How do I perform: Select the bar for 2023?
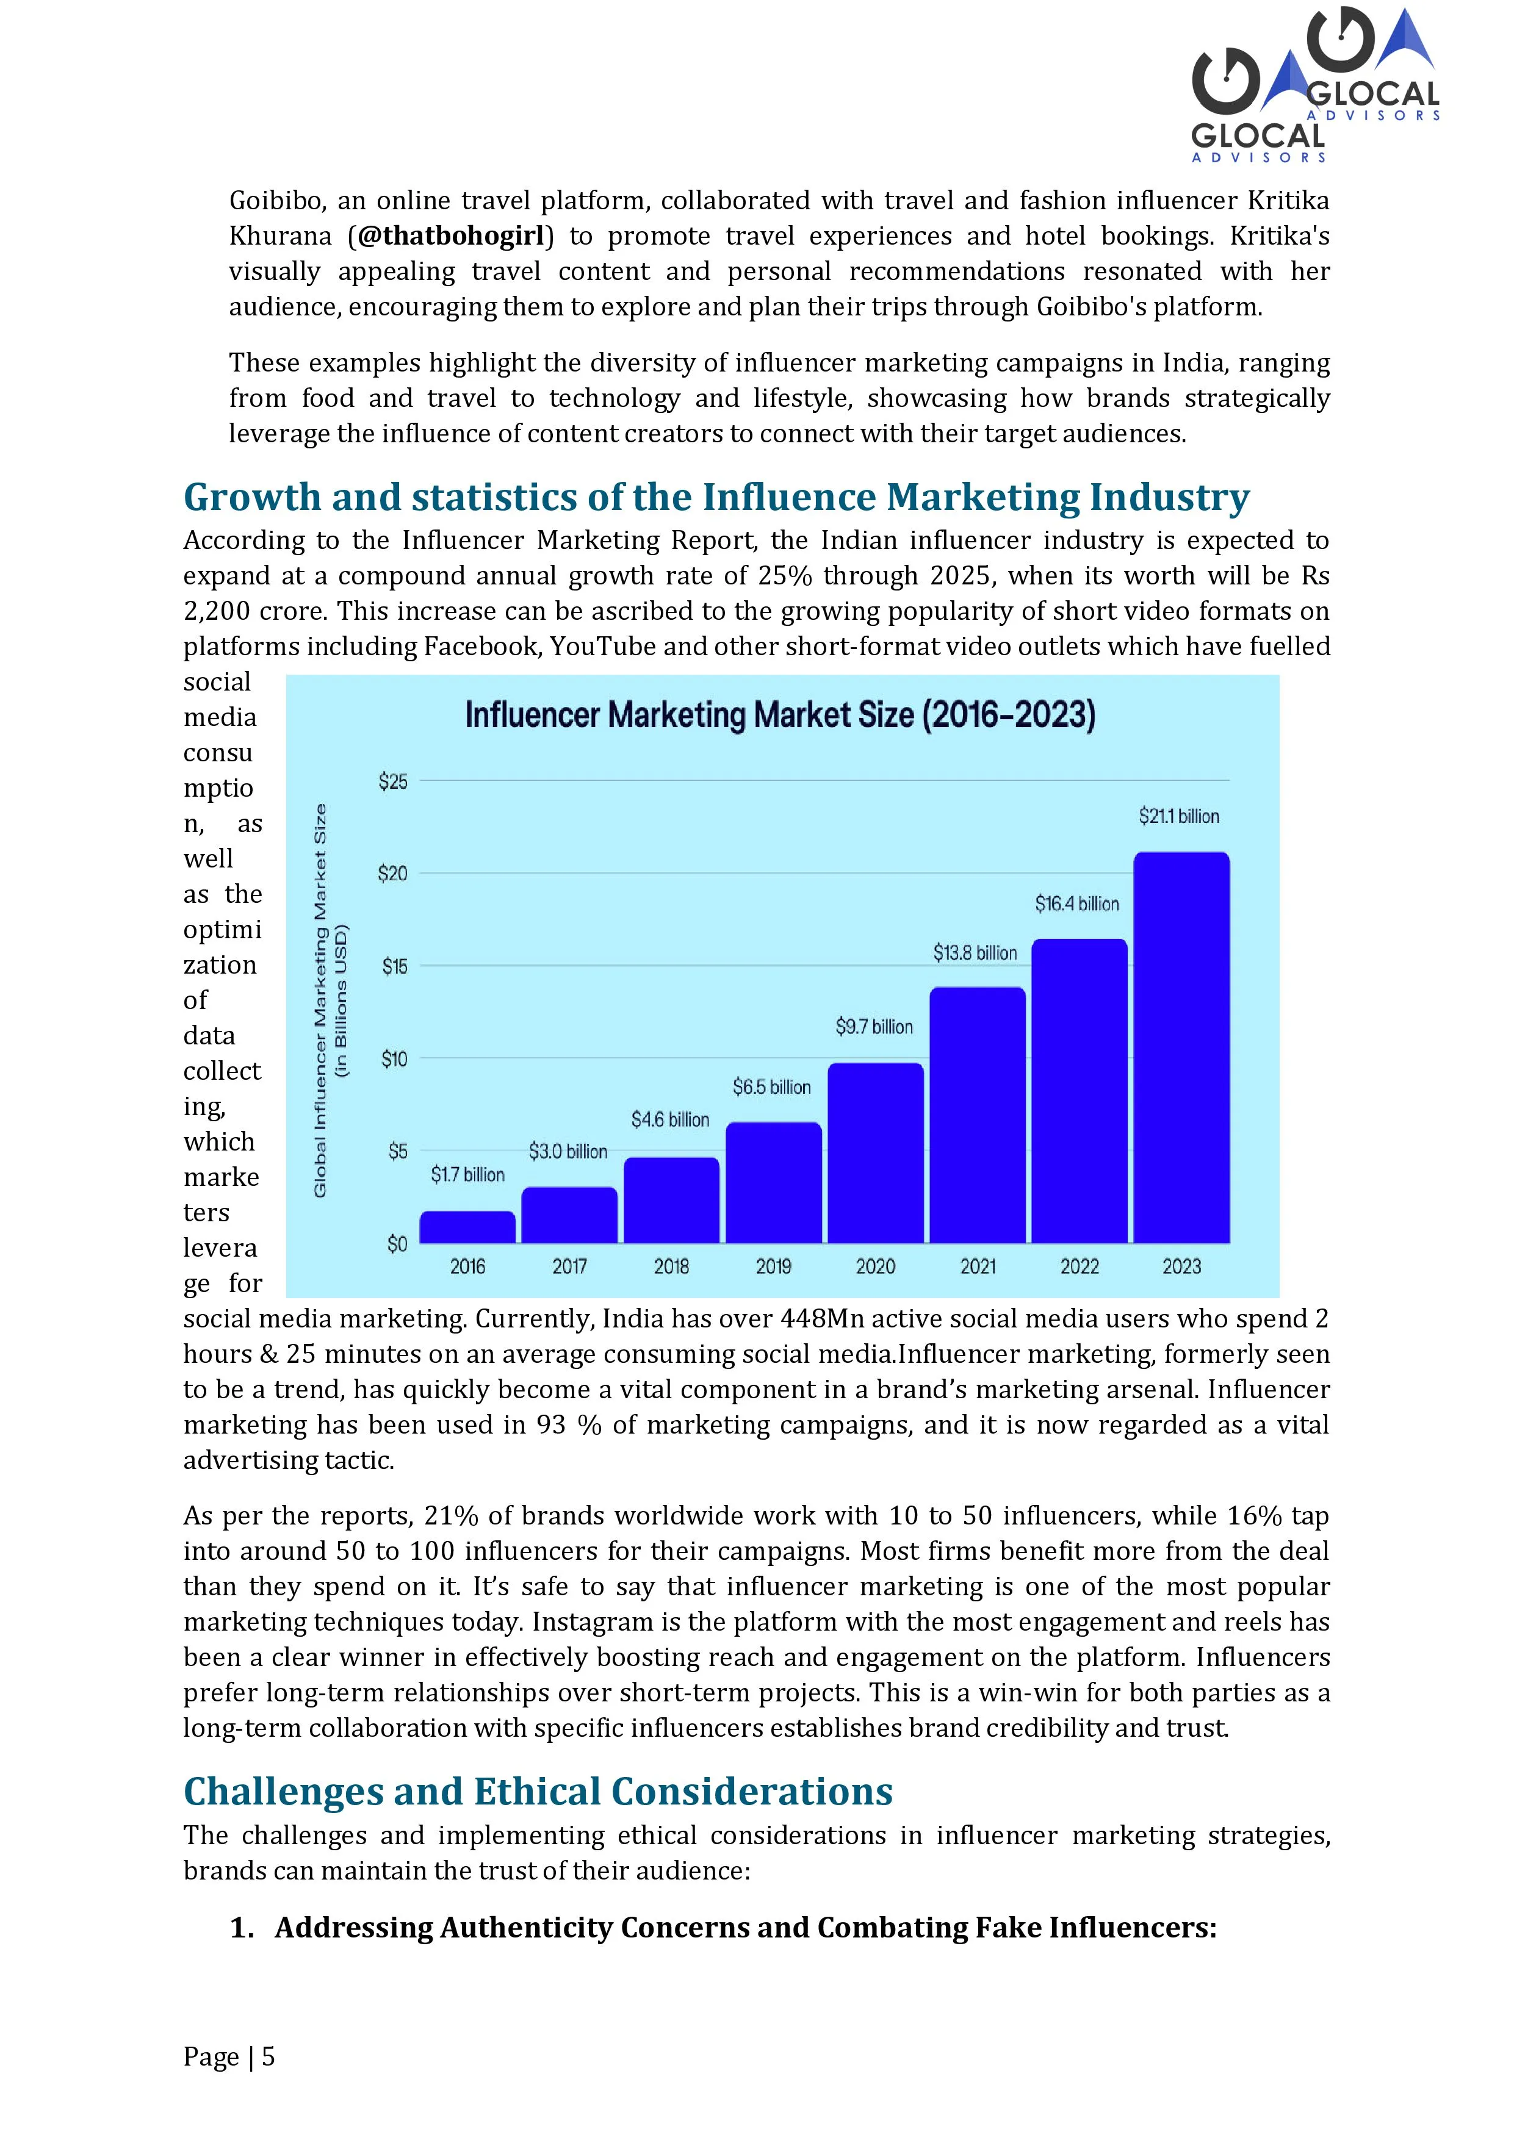pos(1181,1047)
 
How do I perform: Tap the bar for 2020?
pos(876,1153)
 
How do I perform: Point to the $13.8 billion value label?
pos(975,952)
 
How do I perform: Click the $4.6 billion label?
pos(670,1119)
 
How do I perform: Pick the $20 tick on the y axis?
pos(392,874)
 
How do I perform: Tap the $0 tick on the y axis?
pos(397,1244)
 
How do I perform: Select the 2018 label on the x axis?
pos(671,1266)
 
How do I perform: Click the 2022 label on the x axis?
pos(1080,1266)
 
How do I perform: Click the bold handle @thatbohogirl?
pos(450,236)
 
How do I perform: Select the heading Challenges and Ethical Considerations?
pos(538,1792)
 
